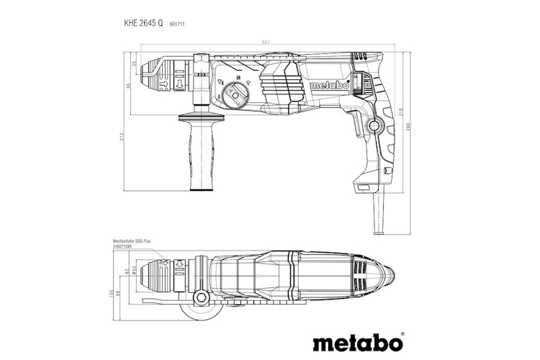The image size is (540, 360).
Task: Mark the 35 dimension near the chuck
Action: click(x=134, y=63)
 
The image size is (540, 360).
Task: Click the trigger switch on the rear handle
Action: click(x=356, y=126)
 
